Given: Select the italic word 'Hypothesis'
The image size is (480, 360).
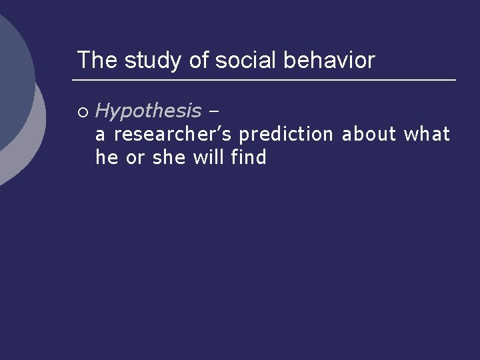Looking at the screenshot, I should tap(148, 111).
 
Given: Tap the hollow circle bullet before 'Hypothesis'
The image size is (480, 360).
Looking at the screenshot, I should tap(83, 111).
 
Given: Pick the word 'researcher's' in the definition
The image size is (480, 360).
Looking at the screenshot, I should tap(173, 135).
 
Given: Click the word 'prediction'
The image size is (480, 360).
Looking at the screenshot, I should tap(286, 135).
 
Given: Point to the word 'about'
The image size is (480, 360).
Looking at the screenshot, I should tap(369, 135).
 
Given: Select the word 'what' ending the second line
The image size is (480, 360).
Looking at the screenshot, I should tap(427, 135).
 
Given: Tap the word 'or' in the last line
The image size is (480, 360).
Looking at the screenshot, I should tap(135, 158).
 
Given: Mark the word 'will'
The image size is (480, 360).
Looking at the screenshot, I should tap(209, 158).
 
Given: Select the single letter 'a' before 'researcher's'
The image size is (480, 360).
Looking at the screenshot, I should tap(101, 135).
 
